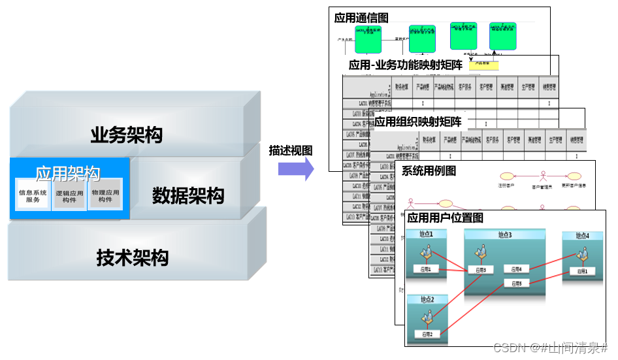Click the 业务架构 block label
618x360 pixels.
coord(127,135)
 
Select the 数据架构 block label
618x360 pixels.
coord(188,195)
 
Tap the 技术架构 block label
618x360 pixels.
coord(133,257)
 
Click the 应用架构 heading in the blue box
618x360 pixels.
coord(68,173)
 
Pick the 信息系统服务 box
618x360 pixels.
coord(33,196)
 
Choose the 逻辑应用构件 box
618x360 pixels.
coord(70,196)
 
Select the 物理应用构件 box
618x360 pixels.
coord(105,196)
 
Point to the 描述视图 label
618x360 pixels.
coord(291,150)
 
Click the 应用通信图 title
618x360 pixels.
coord(361,18)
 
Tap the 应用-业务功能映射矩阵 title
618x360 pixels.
coord(406,65)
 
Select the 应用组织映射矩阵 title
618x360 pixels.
coord(418,122)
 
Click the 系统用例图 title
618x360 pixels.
coord(429,171)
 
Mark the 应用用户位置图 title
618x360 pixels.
coord(446,218)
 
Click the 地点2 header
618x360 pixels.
coord(427,299)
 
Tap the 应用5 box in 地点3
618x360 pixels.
coord(517,284)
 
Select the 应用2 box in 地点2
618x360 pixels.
coord(427,335)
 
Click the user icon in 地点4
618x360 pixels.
coord(581,252)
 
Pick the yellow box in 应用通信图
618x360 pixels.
coord(483,65)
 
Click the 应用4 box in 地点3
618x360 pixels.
coord(517,269)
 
